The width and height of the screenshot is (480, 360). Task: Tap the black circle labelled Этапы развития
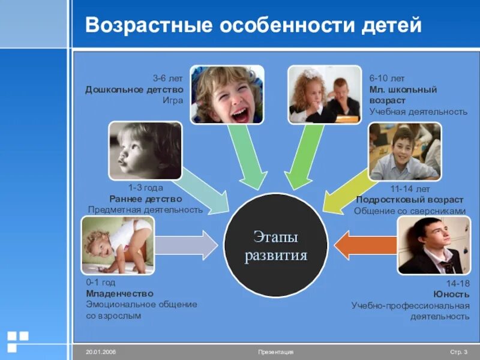pyautogui.click(x=276, y=246)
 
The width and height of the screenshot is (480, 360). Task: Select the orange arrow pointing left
pyautogui.click(x=363, y=245)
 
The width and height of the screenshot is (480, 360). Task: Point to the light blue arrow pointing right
pyautogui.click(x=186, y=245)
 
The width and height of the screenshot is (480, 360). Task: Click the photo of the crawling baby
pyautogui.click(x=118, y=245)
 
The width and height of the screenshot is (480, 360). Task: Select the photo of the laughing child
pyautogui.click(x=227, y=95)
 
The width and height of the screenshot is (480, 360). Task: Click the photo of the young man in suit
pyautogui.click(x=434, y=245)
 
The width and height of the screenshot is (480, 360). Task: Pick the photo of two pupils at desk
pyautogui.click(x=325, y=95)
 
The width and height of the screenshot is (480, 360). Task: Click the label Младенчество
pyautogui.click(x=119, y=293)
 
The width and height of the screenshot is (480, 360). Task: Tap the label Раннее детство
pyautogui.click(x=146, y=199)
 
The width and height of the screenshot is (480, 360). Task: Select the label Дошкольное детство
pyautogui.click(x=134, y=89)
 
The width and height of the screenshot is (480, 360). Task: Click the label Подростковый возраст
pyautogui.click(x=410, y=200)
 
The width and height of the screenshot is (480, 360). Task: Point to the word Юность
pyautogui.click(x=451, y=294)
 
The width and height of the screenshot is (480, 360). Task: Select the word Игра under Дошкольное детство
pyautogui.click(x=173, y=100)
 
